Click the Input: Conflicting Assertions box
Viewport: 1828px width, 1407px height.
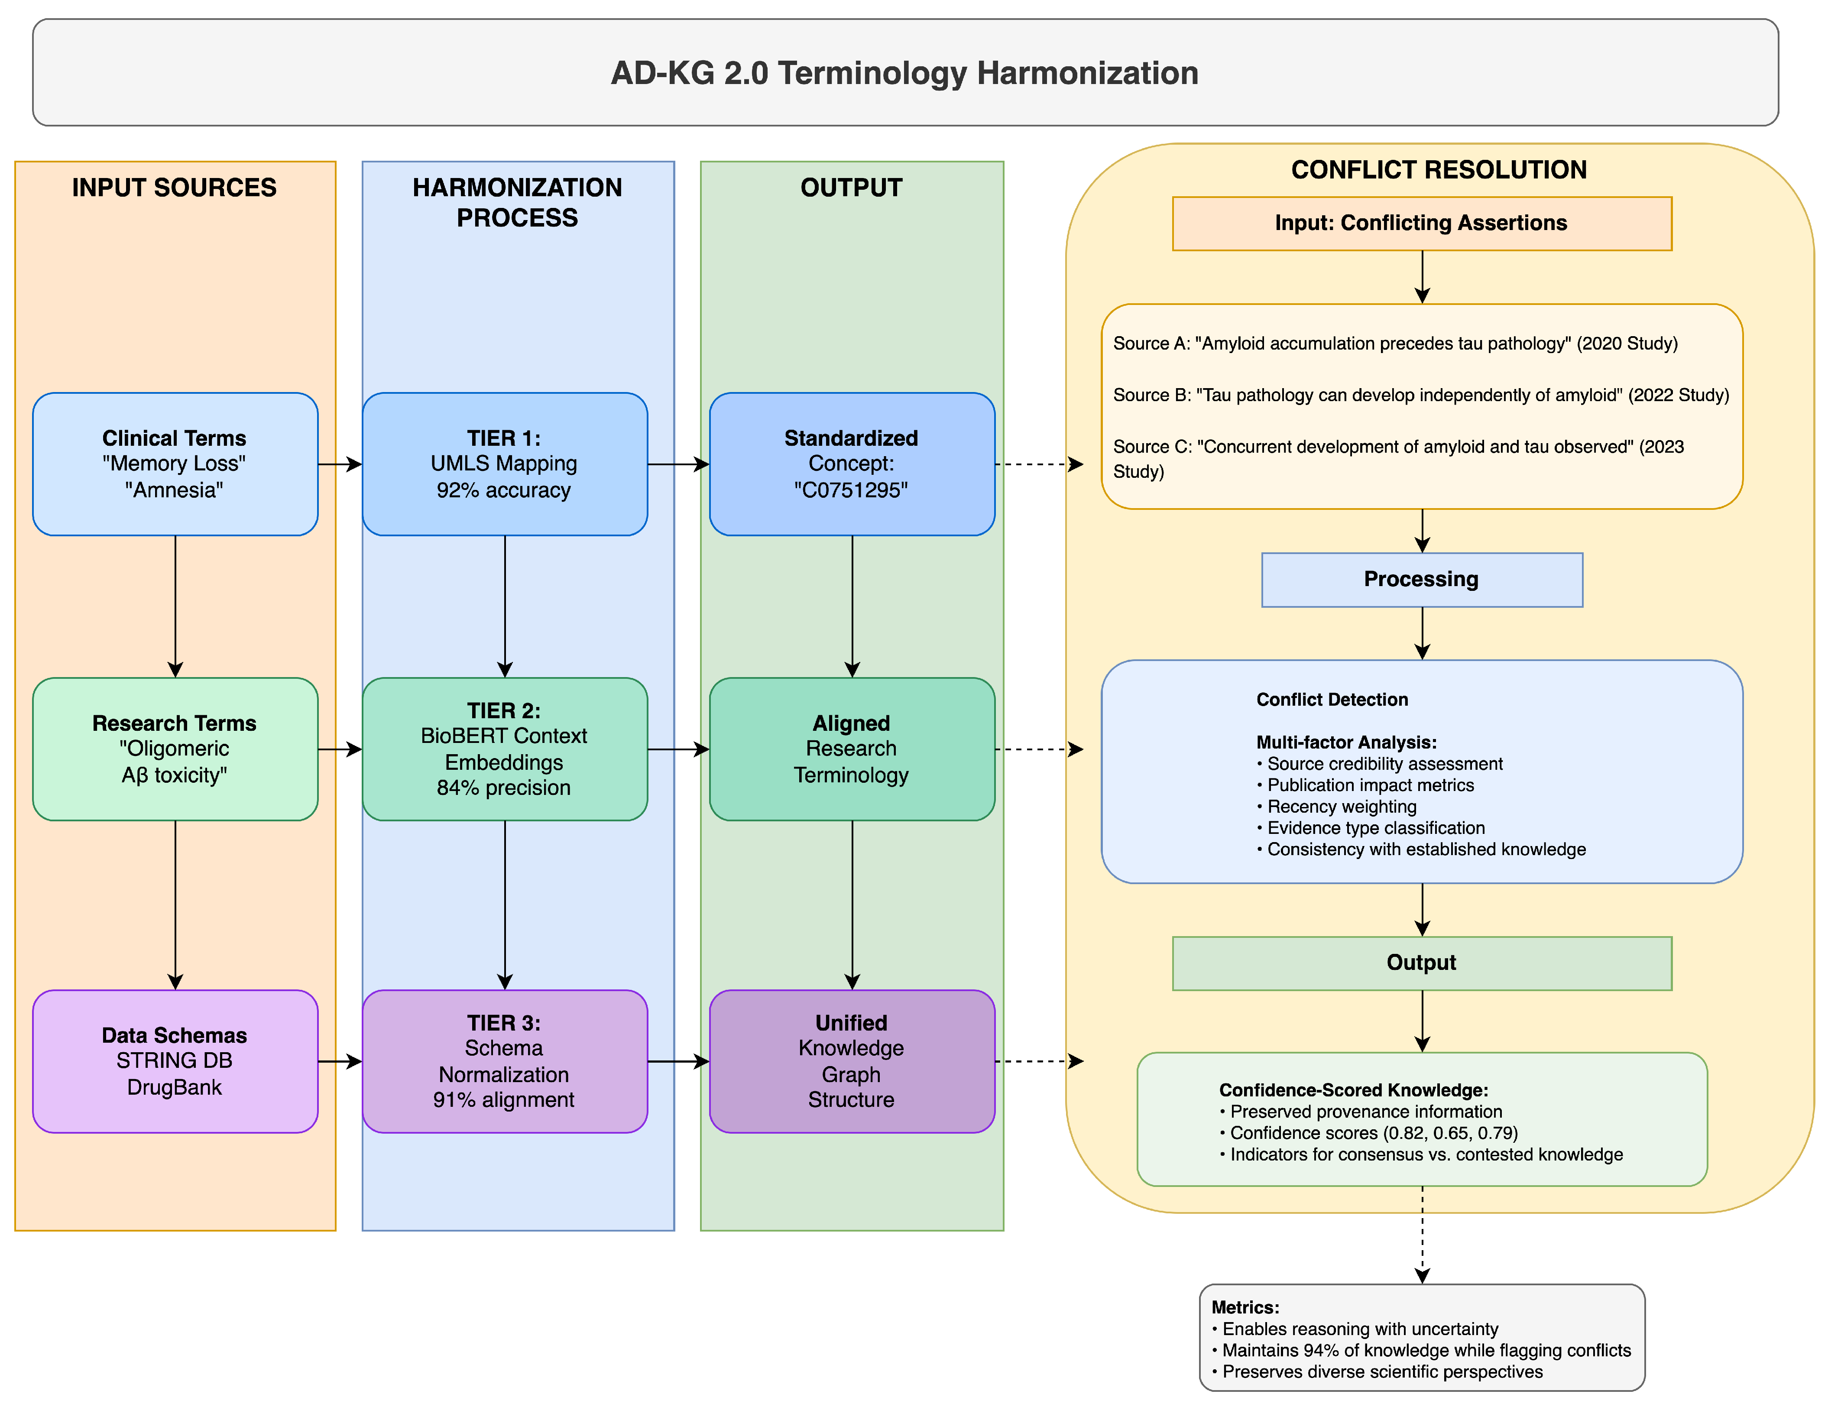(1421, 224)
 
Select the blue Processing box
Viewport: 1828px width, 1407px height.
(1421, 579)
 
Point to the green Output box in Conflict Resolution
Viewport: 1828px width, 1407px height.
(1421, 963)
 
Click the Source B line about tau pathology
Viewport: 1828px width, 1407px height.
(1420, 395)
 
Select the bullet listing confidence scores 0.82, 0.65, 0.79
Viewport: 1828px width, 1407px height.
(1373, 1133)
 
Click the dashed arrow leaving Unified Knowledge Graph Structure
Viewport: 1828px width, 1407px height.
(1038, 1061)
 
